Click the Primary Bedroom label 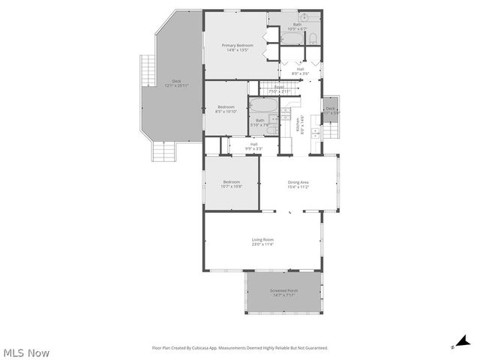[237, 48]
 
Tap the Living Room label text [262, 241]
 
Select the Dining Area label [298, 184]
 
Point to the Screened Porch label [283, 292]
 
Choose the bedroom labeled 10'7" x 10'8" [231, 184]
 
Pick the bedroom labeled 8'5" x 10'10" [226, 109]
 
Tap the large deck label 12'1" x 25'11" [176, 83]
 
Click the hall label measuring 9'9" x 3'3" [253, 146]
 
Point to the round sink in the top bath [304, 16]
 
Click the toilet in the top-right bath [314, 37]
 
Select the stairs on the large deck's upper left [145, 70]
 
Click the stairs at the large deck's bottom [164, 152]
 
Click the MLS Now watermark [26, 352]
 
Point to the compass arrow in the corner [463, 342]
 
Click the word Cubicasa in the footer [202, 348]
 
